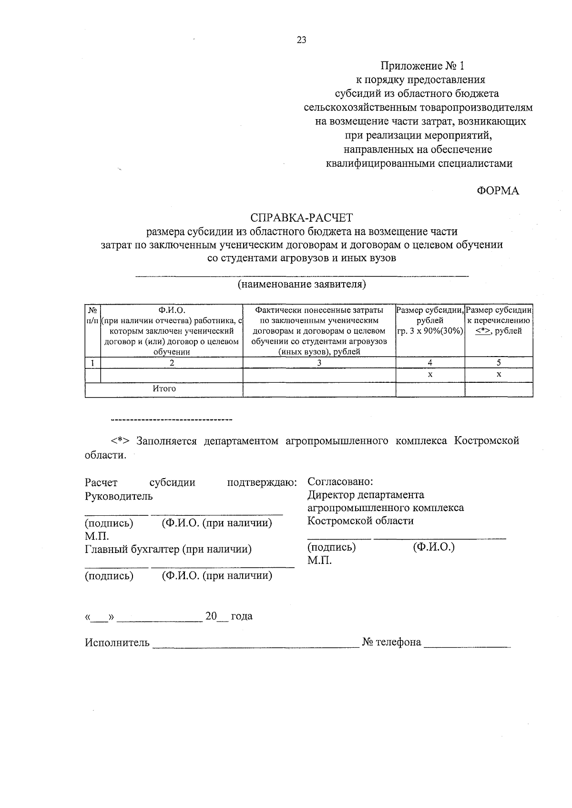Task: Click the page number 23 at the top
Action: pos(301,40)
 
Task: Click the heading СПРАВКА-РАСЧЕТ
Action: pos(302,218)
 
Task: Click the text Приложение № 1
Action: pos(422,65)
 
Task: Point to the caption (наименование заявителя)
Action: pos(302,285)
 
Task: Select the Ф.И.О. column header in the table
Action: pos(172,310)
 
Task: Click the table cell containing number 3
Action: pos(319,363)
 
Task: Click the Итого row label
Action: pos(164,389)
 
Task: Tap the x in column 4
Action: pos(430,375)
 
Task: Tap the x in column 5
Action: pos(499,375)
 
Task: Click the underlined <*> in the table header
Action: pos(483,331)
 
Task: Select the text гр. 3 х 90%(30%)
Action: pos(430,331)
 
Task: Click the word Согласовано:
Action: pos(340,481)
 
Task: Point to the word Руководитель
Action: pos(119,496)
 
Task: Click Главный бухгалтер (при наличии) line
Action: pos(168,549)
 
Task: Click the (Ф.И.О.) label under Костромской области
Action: pos(433,547)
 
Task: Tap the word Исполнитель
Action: pos(117,643)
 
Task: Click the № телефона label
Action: pos(391,643)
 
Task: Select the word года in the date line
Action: pos(241,616)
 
